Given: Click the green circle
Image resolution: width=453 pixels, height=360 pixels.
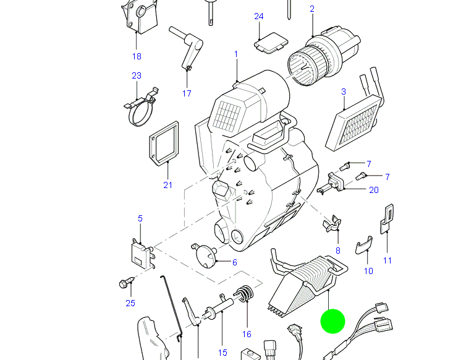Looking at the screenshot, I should click(x=332, y=322).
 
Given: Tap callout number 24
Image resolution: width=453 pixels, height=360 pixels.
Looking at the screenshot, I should click(x=259, y=16).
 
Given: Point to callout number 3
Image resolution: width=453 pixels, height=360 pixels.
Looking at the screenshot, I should click(x=344, y=92).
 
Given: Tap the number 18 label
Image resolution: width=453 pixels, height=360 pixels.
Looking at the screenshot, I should click(x=137, y=56).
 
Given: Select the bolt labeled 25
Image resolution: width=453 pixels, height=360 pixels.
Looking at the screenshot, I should click(x=126, y=284).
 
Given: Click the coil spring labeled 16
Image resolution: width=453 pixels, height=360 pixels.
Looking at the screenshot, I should click(x=245, y=294).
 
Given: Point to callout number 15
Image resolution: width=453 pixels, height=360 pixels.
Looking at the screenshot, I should click(x=222, y=353).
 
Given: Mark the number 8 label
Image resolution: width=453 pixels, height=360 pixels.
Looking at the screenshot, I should click(x=337, y=251).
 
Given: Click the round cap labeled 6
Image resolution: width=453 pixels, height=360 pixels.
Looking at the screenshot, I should click(x=205, y=254).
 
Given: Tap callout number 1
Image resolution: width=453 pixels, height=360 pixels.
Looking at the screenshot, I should click(x=235, y=54).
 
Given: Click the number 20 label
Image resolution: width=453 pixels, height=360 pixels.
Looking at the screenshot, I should click(x=373, y=190).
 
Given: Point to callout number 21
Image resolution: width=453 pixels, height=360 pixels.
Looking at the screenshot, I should click(x=167, y=184).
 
